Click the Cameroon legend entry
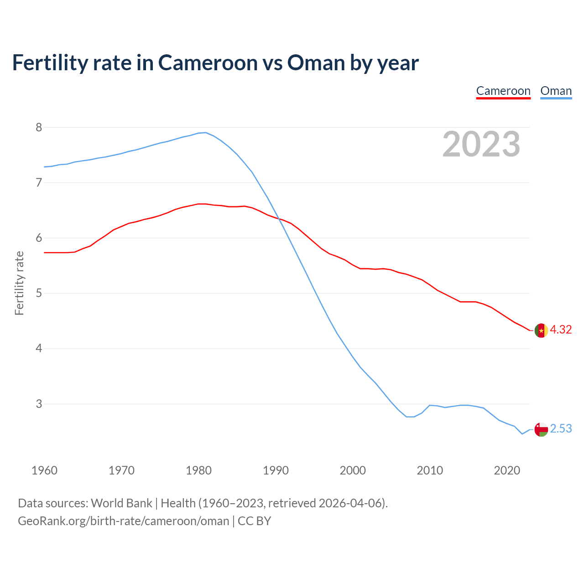click(503, 91)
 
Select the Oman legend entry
click(556, 91)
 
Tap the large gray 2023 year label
click(481, 144)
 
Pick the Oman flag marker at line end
click(541, 429)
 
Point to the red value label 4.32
click(561, 329)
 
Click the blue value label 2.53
click(561, 429)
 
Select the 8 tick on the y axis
click(39, 127)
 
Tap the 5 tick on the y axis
click(39, 293)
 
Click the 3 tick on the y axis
click(39, 404)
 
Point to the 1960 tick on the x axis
click(44, 470)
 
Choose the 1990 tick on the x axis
click(276, 470)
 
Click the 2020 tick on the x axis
click(507, 470)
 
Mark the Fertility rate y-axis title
click(19, 283)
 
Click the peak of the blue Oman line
click(206, 133)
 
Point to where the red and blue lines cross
click(278, 219)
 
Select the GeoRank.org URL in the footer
click(123, 521)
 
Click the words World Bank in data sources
click(121, 503)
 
